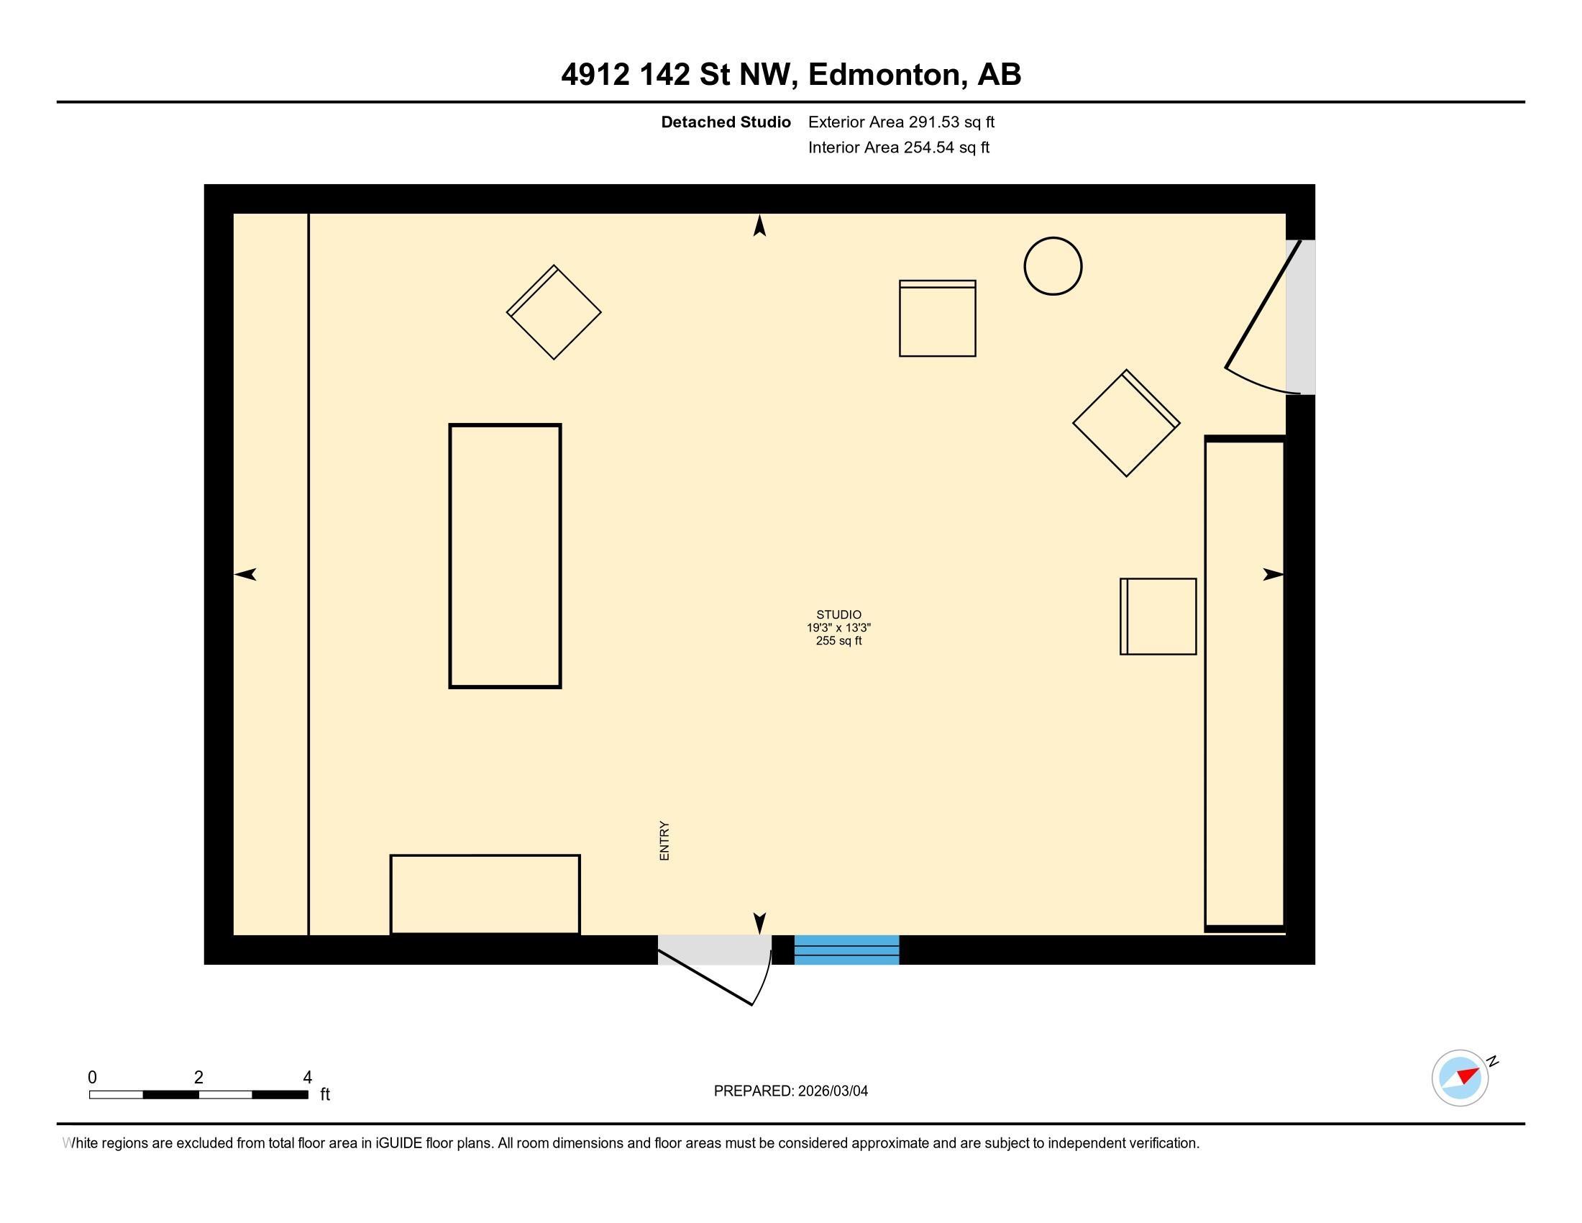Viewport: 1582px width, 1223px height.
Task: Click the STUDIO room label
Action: (x=838, y=614)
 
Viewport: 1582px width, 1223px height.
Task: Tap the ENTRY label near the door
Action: (x=664, y=840)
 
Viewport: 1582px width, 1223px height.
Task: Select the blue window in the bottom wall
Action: (x=846, y=950)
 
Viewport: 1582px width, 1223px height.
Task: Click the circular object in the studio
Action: (x=1053, y=266)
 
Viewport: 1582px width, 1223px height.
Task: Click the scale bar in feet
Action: (x=198, y=1094)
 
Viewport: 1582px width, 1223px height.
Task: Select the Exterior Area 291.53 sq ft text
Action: (x=901, y=122)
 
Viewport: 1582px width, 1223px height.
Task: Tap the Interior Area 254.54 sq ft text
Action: (x=898, y=147)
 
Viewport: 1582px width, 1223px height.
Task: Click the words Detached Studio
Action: (x=725, y=122)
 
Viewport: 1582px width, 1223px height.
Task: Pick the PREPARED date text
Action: (x=790, y=1091)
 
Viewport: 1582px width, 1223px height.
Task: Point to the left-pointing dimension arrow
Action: (x=245, y=575)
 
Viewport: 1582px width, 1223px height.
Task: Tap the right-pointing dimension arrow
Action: (x=1273, y=575)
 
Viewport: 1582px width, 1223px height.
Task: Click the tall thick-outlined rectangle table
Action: (x=505, y=555)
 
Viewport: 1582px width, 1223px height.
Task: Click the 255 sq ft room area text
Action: (x=838, y=641)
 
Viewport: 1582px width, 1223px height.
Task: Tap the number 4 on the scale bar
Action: (x=307, y=1077)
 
